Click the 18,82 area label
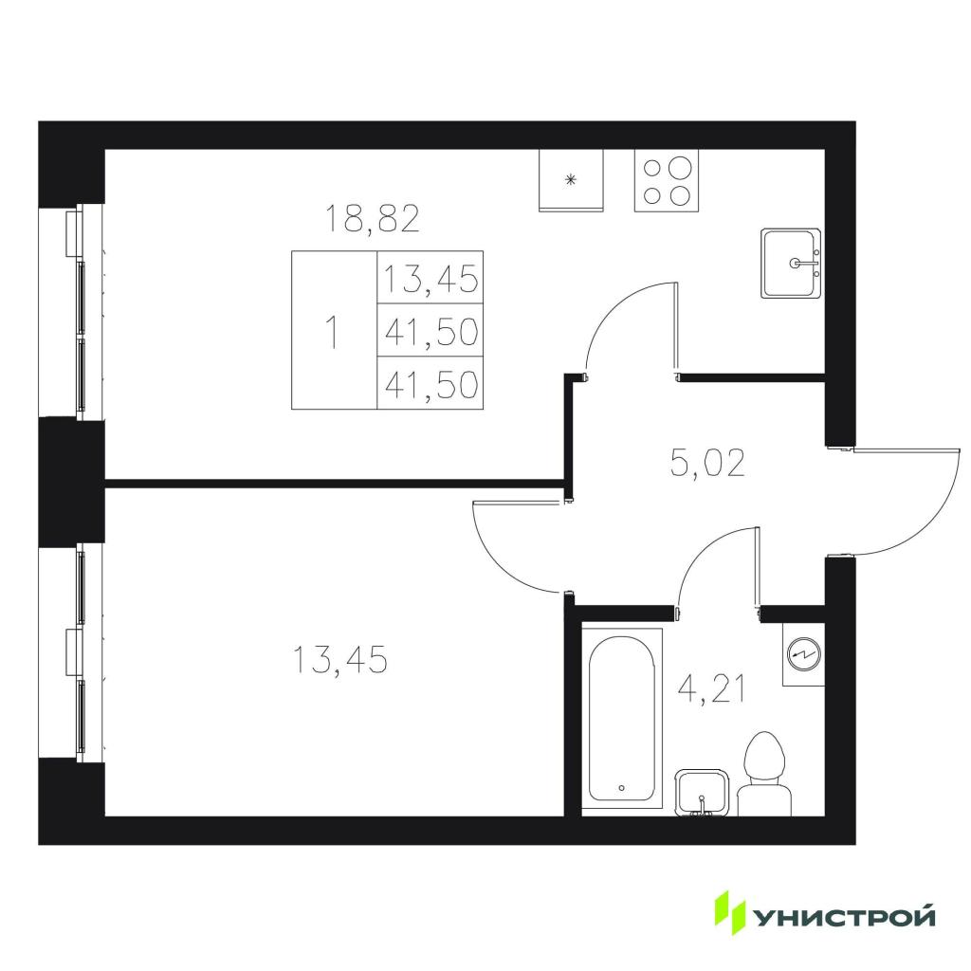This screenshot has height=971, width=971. [372, 219]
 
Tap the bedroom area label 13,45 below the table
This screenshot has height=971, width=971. [340, 660]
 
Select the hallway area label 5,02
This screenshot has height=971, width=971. [707, 463]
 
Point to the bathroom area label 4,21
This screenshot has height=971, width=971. [712, 690]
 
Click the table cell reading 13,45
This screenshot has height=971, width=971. [431, 278]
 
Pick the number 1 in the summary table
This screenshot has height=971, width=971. [333, 332]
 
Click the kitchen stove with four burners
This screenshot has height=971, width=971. [667, 180]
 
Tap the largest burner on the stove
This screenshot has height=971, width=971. [680, 168]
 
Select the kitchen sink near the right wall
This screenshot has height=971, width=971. [792, 264]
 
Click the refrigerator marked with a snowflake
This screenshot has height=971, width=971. [571, 180]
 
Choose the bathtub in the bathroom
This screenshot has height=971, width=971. [622, 719]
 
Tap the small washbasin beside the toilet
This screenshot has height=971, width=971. [701, 794]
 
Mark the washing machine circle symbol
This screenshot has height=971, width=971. [804, 652]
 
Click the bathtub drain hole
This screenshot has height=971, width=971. [622, 788]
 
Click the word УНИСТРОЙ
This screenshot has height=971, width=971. [844, 916]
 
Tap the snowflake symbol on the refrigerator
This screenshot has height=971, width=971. [571, 180]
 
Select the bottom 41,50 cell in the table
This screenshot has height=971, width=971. [431, 383]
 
